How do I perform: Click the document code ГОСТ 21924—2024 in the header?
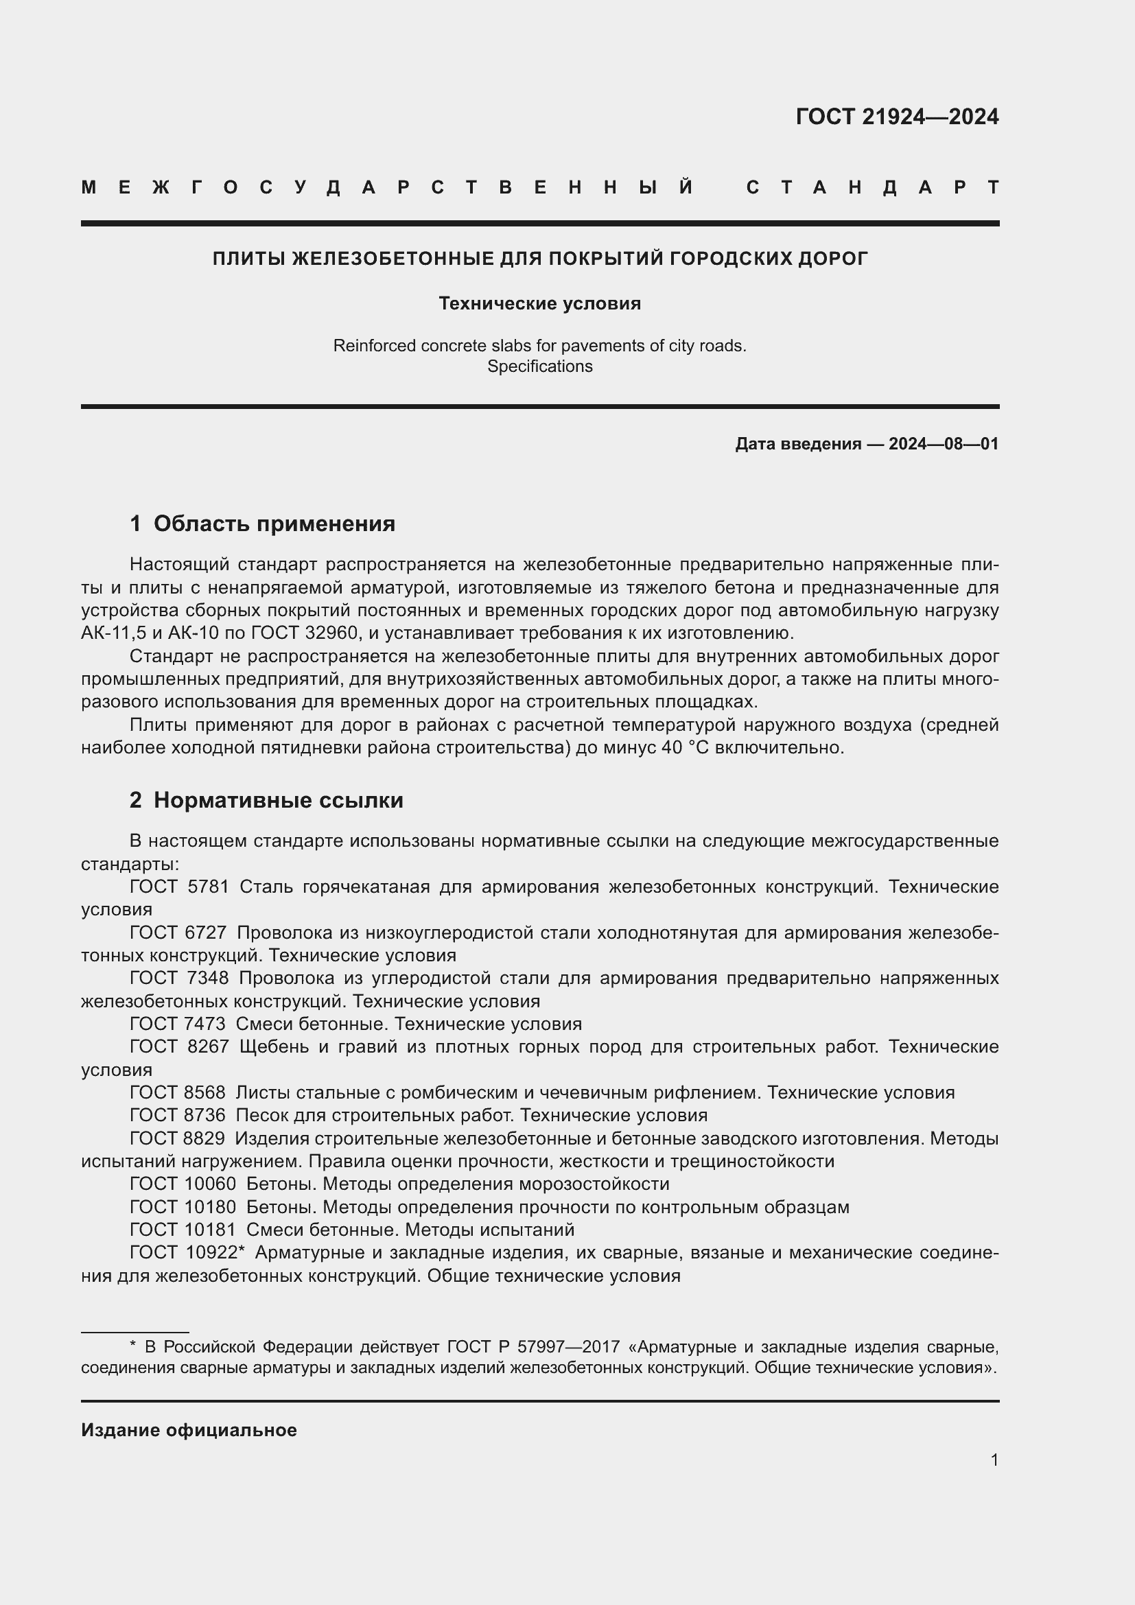pyautogui.click(x=897, y=117)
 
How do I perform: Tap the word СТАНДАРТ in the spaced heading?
pyautogui.click(x=872, y=187)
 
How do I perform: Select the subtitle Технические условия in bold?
pyautogui.click(x=539, y=303)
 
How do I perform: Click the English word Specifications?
pyautogui.click(x=539, y=366)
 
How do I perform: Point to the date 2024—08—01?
pyautogui.click(x=944, y=444)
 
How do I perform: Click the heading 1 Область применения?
pyautogui.click(x=262, y=524)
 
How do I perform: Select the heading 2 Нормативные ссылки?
pyautogui.click(x=266, y=800)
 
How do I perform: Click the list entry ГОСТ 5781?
pyautogui.click(x=179, y=887)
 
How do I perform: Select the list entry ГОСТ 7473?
pyautogui.click(x=178, y=1024)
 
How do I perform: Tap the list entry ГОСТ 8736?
pyautogui.click(x=178, y=1115)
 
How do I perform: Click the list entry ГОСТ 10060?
pyautogui.click(x=183, y=1184)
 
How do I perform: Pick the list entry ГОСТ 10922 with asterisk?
pyautogui.click(x=187, y=1253)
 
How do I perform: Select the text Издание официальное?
pyautogui.click(x=189, y=1430)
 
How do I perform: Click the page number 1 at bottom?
pyautogui.click(x=994, y=1460)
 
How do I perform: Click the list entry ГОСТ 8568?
pyautogui.click(x=178, y=1092)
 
